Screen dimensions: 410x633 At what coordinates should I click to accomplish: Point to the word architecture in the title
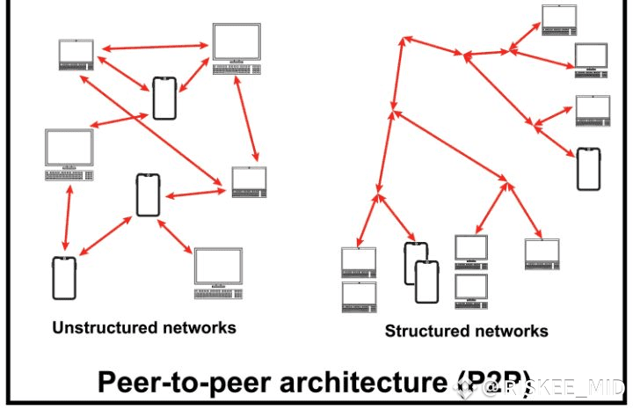[x=353, y=384]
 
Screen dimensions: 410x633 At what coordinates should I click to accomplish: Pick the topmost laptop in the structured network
[x=558, y=18]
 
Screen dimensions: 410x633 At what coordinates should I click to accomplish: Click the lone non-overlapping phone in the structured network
[x=588, y=169]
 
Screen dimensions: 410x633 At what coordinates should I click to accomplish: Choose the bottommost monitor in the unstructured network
[x=217, y=268]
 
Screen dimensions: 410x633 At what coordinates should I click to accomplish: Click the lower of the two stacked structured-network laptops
[x=359, y=297]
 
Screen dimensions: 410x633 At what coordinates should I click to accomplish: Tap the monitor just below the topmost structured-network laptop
[x=591, y=58]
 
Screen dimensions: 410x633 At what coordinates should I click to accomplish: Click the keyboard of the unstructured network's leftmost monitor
[x=69, y=175]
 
